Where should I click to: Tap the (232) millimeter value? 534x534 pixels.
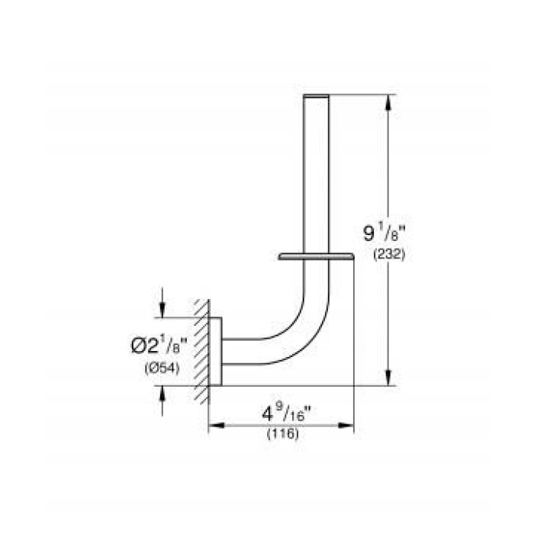tap(388, 256)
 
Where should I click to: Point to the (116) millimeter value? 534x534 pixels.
tap(281, 434)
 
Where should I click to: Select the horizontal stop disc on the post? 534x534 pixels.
tap(317, 257)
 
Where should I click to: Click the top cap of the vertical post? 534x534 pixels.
tap(317, 96)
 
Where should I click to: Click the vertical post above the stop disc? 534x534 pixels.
tap(317, 175)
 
